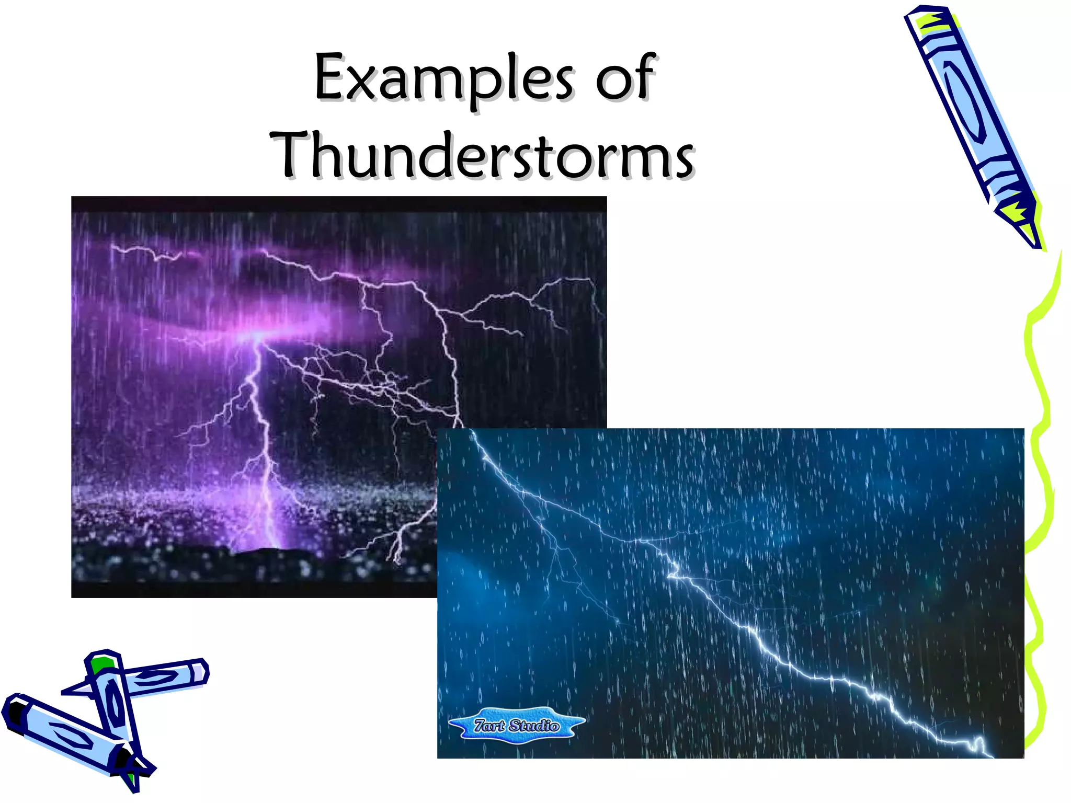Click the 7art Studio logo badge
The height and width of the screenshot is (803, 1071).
(x=517, y=725)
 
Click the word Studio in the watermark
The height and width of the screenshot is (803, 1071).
(x=533, y=725)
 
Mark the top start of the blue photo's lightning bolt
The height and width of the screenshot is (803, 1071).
(x=473, y=434)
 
